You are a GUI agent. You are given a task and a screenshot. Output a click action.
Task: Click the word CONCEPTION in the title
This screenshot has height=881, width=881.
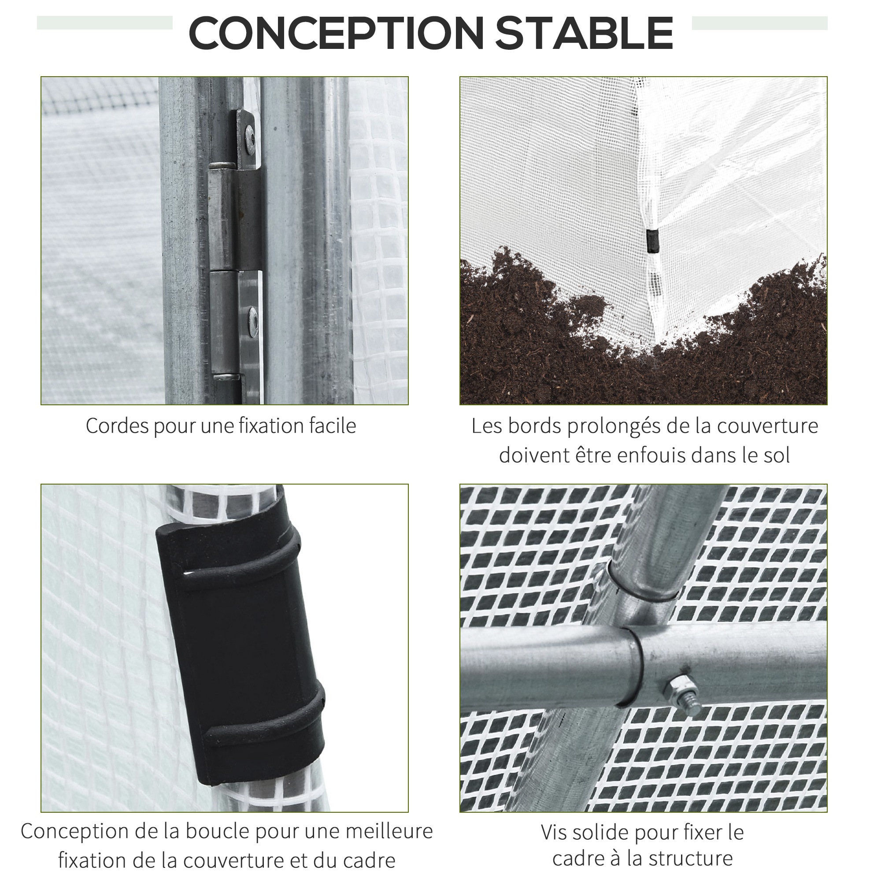point(336,33)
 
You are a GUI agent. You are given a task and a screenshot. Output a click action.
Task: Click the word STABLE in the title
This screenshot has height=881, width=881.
point(585,33)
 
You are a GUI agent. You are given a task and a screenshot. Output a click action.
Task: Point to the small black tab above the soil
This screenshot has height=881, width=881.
point(653,241)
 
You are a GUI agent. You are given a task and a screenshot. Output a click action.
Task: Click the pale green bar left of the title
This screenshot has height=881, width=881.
point(105,23)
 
